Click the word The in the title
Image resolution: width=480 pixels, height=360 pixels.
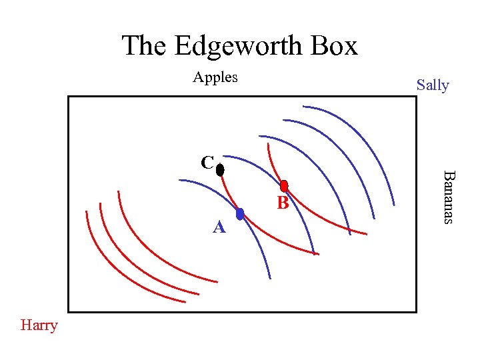tap(144, 45)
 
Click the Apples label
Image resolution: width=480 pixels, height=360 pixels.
tap(215, 77)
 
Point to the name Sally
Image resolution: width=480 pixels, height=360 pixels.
tap(433, 85)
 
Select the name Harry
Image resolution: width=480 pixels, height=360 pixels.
tap(39, 325)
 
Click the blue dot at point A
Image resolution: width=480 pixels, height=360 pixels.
tap(240, 214)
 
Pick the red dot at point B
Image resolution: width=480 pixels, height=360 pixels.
tap(284, 186)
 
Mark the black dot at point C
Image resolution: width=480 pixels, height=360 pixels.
tap(220, 170)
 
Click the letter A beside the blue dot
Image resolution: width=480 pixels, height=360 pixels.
tap(219, 228)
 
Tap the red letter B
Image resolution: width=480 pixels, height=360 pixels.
tap(283, 203)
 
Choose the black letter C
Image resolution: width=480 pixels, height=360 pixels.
tap(207, 163)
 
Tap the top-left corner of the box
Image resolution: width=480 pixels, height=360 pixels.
tap(68, 97)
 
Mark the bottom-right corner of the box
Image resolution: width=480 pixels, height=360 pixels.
tap(416, 311)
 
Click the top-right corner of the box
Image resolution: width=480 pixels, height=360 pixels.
tap(416, 97)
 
